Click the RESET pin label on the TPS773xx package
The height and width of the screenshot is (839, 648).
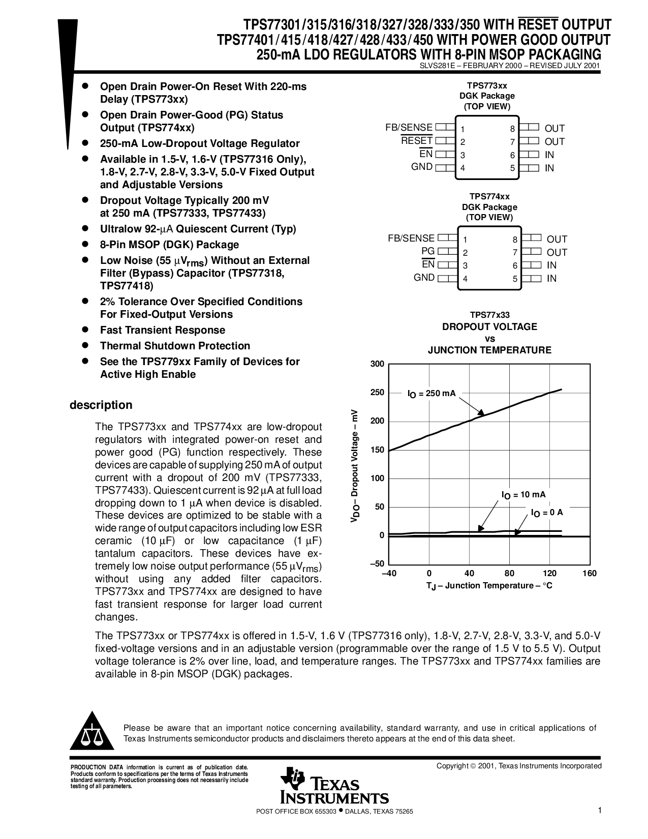click(x=416, y=140)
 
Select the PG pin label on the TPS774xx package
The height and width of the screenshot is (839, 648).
click(x=428, y=251)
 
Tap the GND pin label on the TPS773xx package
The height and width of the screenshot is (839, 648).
click(x=422, y=167)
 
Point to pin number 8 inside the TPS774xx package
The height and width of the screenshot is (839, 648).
click(x=515, y=240)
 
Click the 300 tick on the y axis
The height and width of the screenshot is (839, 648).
click(x=377, y=364)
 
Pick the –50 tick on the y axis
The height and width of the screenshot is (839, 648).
click(x=377, y=564)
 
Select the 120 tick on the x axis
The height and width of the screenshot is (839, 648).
click(x=549, y=574)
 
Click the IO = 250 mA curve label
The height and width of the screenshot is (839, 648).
click(x=431, y=394)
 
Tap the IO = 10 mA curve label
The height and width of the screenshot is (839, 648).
click(x=523, y=495)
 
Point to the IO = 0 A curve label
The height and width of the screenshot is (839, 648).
click(x=547, y=513)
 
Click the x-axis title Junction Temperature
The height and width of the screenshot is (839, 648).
click(x=489, y=586)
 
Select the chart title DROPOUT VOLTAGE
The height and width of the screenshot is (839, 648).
click(x=489, y=326)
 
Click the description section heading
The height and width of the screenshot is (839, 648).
click(x=101, y=405)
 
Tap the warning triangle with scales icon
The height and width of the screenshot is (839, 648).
click(x=92, y=731)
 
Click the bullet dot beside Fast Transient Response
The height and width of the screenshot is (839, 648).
click(x=86, y=329)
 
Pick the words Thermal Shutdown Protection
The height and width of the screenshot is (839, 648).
click(x=175, y=346)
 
